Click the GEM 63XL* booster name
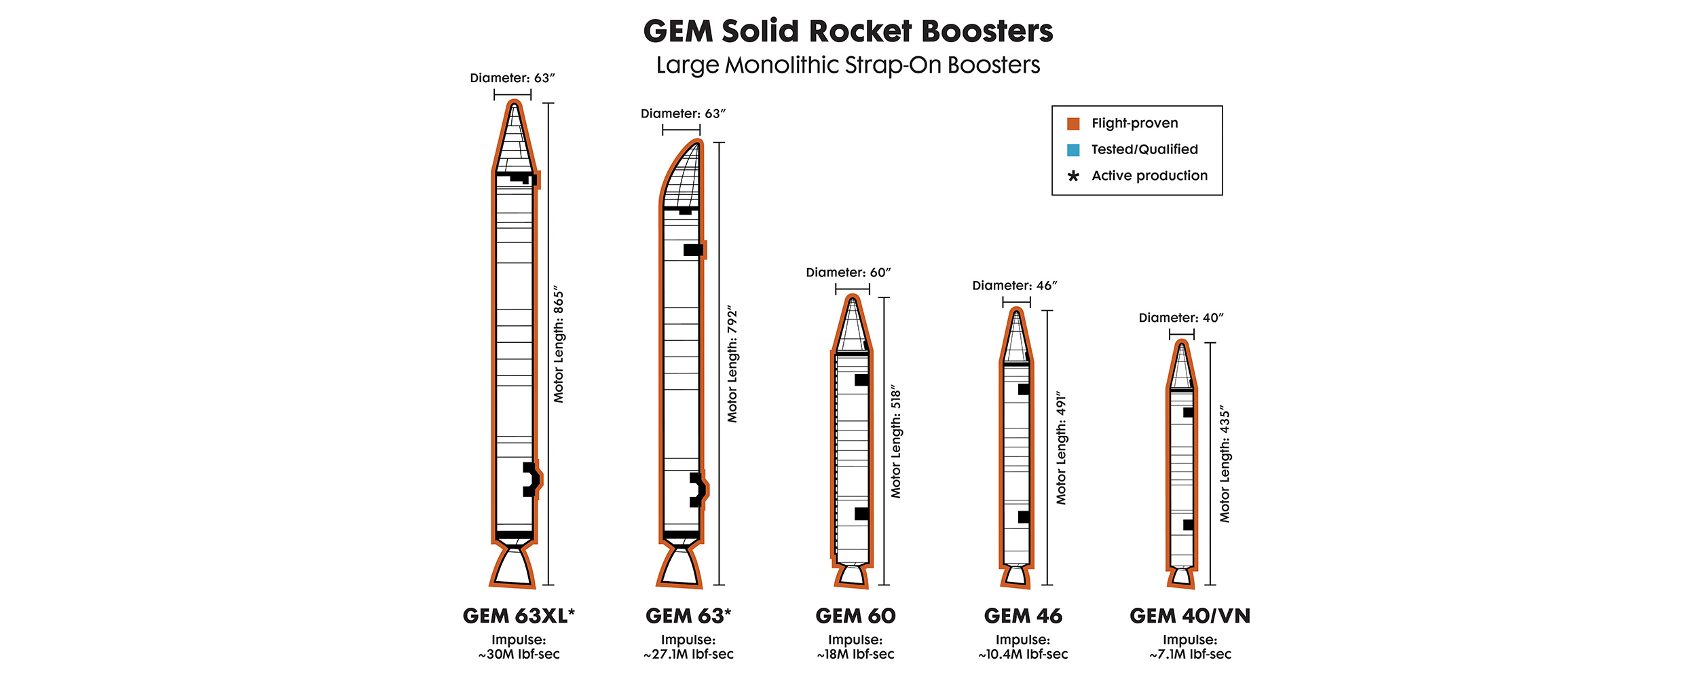click(519, 616)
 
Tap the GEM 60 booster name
click(855, 616)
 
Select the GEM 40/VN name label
click(1189, 616)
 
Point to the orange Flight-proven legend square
click(1073, 124)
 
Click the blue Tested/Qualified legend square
click(1073, 150)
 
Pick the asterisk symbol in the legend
click(1073, 177)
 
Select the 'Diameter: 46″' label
click(1015, 286)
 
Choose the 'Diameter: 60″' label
click(848, 273)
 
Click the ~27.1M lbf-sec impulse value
click(688, 655)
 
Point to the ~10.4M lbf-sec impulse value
click(1023, 655)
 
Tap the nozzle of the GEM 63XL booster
click(512, 567)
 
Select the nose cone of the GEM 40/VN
click(1182, 367)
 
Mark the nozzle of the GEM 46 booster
click(1015, 576)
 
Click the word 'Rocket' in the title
click(860, 31)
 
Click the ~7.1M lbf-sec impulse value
click(1190, 655)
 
